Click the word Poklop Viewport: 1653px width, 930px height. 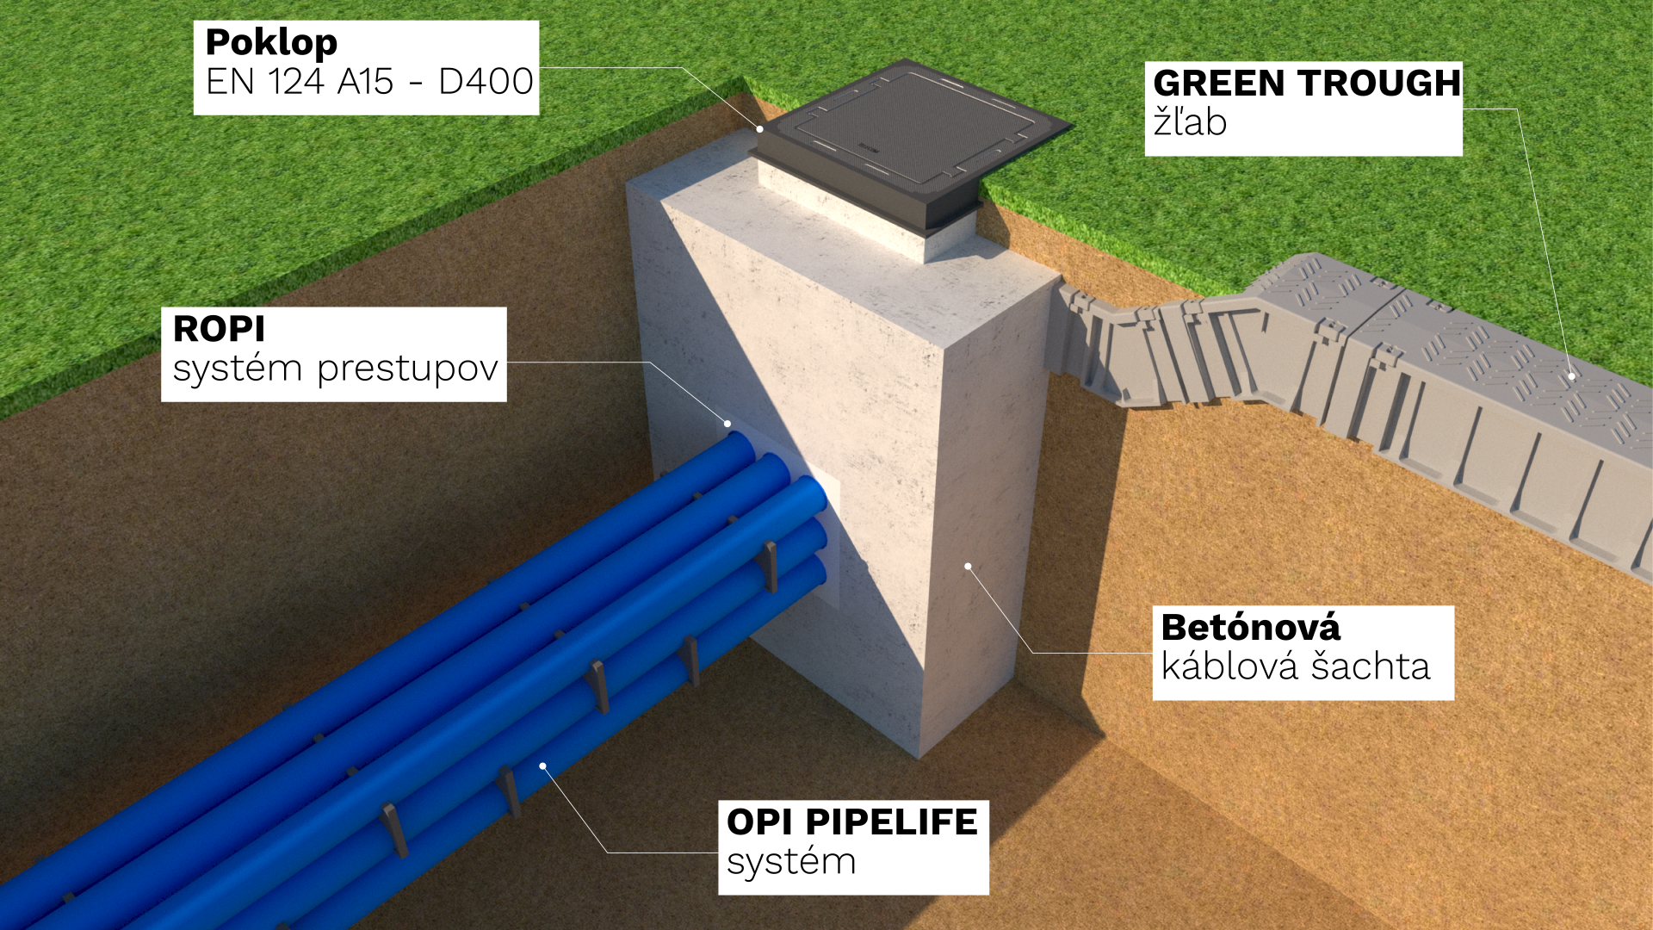pyautogui.click(x=271, y=43)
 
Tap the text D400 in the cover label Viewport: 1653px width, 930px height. pyautogui.click(x=486, y=82)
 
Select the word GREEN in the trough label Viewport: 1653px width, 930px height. pyautogui.click(x=1219, y=84)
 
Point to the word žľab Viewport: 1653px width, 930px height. pyautogui.click(x=1190, y=122)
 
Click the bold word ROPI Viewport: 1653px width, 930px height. pyautogui.click(x=219, y=329)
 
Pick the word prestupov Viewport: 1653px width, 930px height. pyautogui.click(x=407, y=369)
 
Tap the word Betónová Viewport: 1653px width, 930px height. pyautogui.click(x=1250, y=628)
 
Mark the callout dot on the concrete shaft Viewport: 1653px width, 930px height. pyautogui.click(x=968, y=567)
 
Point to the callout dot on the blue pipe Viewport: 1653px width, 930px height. pyautogui.click(x=542, y=766)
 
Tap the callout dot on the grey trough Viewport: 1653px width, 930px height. pyautogui.click(x=1571, y=376)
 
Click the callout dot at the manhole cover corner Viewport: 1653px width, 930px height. pyautogui.click(x=760, y=129)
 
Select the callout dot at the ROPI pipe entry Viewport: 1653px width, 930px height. pyautogui.click(x=727, y=424)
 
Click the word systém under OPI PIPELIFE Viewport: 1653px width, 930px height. pyautogui.click(x=791, y=862)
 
